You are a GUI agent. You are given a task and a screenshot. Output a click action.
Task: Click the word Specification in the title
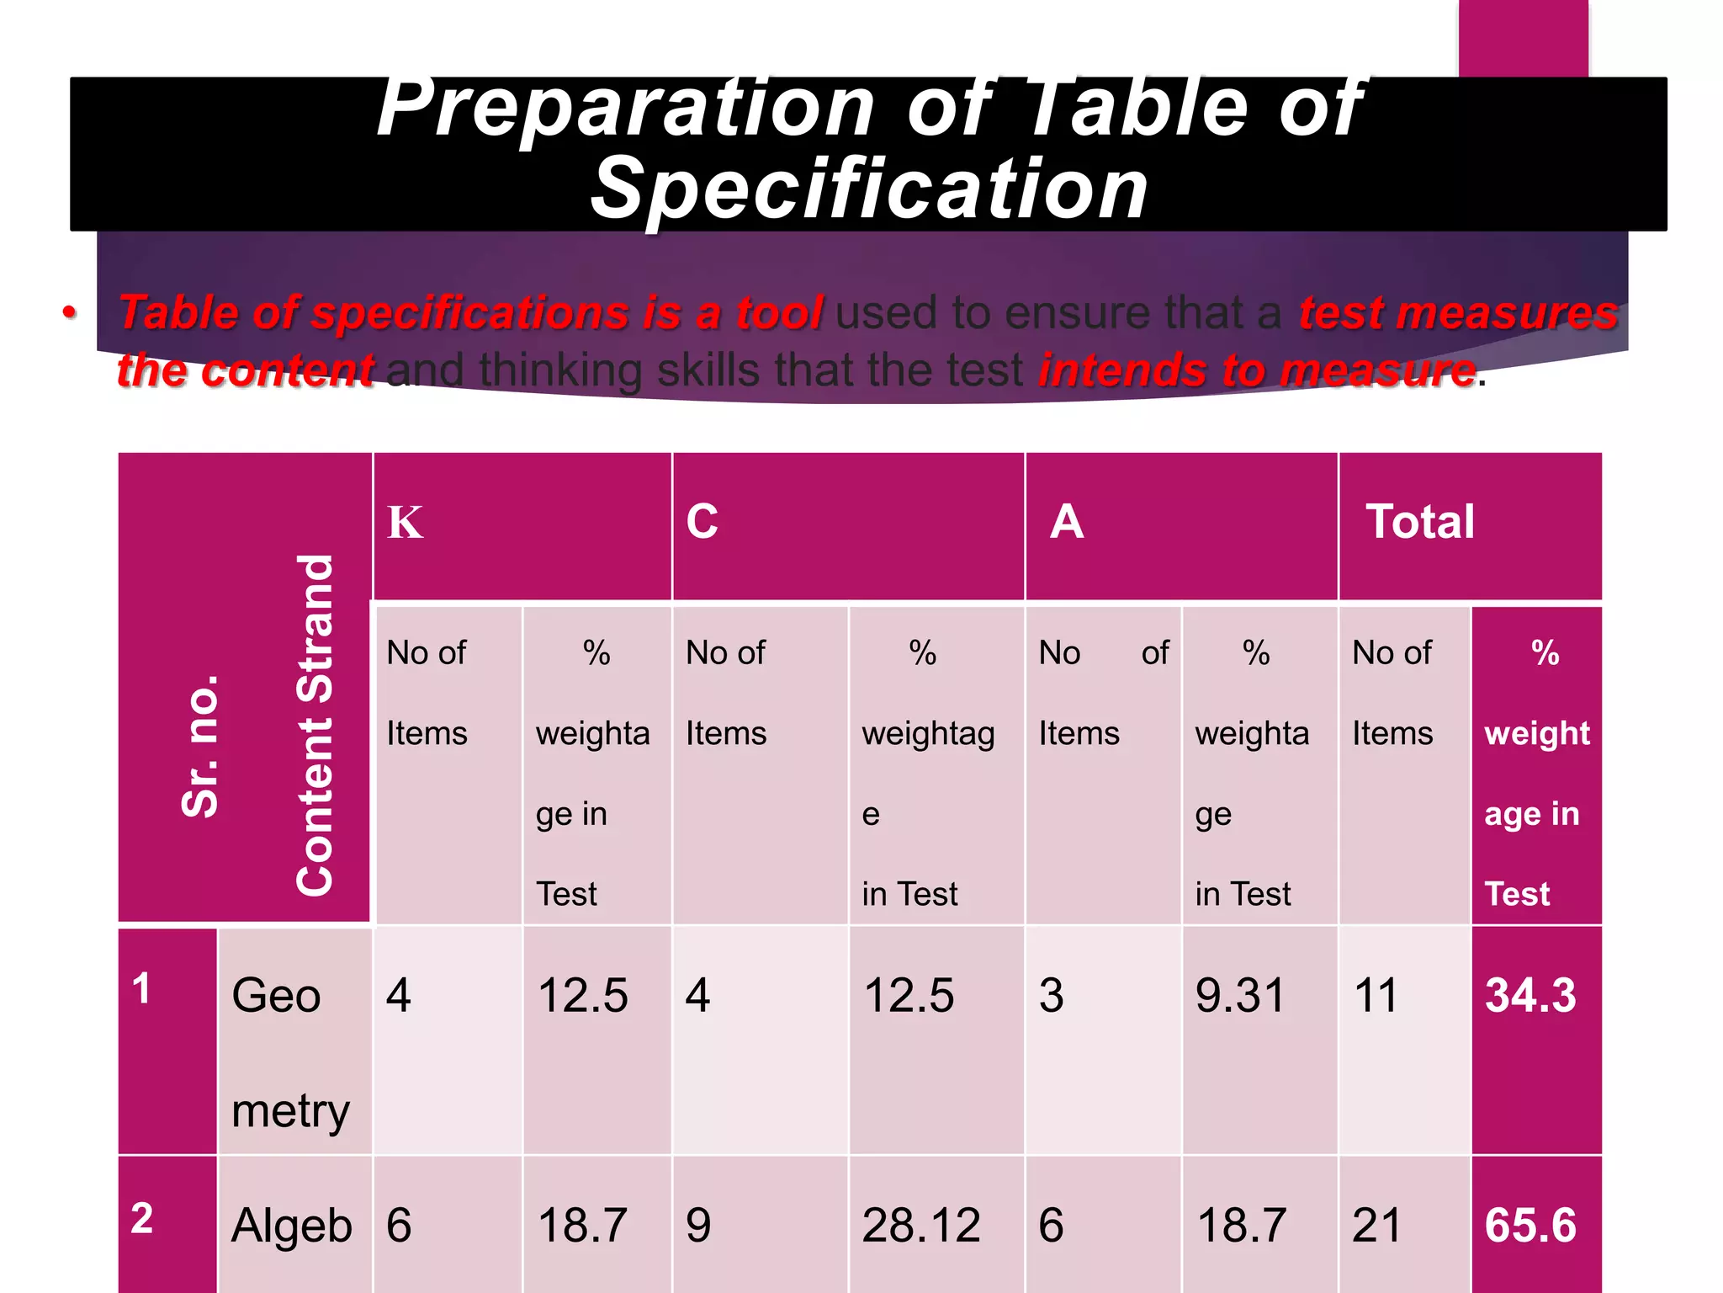(869, 190)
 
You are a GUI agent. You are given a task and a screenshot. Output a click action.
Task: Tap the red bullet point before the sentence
(70, 313)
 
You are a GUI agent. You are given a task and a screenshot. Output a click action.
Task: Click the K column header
(405, 523)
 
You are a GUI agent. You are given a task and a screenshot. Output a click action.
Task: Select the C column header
(702, 521)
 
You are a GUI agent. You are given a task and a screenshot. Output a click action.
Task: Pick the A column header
(1067, 521)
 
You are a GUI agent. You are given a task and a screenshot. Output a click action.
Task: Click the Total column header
(1420, 521)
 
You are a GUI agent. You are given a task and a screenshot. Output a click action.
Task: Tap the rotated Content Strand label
(315, 726)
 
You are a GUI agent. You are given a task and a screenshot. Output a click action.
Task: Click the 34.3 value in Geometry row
(1530, 995)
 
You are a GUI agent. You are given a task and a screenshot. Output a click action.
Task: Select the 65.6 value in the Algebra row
(1530, 1225)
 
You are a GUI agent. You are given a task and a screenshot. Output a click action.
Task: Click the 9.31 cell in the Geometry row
(1240, 995)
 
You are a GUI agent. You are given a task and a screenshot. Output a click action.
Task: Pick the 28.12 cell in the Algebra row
(921, 1225)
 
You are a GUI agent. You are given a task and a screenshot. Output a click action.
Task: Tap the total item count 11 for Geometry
(1376, 995)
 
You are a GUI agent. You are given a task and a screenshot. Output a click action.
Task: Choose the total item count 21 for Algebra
(1376, 1225)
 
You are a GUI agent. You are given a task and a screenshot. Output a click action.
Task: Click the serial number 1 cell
(141, 988)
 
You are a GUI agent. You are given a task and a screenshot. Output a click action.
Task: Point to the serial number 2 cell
(142, 1218)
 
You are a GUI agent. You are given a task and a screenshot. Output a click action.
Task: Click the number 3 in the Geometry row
(1051, 995)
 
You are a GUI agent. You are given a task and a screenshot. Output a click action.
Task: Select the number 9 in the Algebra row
(698, 1225)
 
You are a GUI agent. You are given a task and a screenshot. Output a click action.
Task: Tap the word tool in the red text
(779, 313)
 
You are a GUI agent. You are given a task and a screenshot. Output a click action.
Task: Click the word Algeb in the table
(291, 1226)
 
